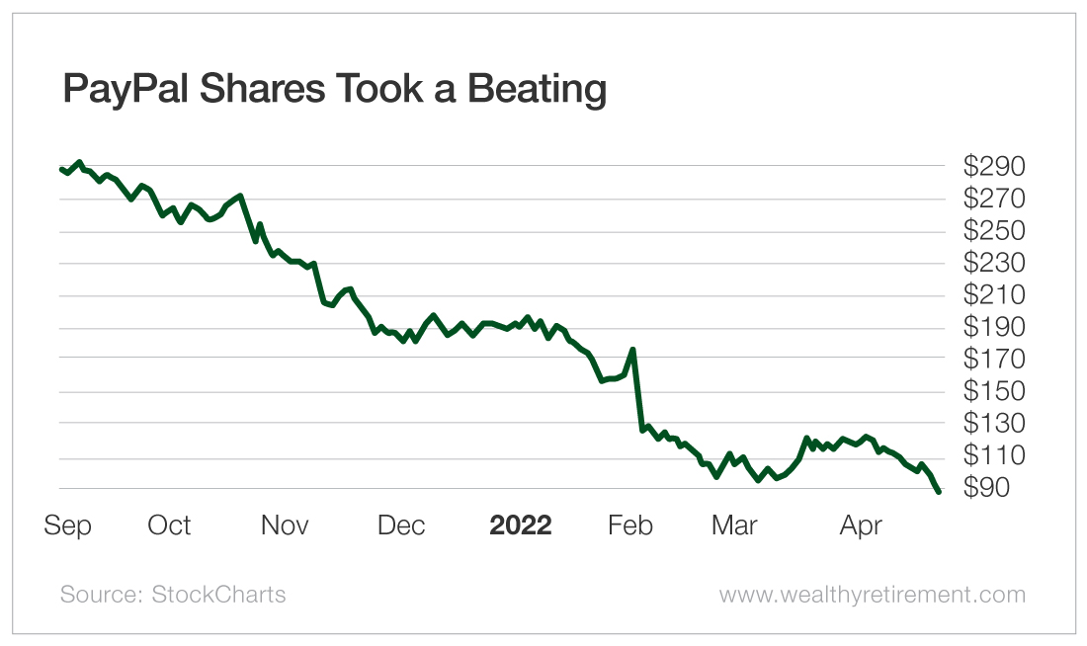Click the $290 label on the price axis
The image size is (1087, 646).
(x=995, y=166)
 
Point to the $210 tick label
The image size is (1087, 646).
(x=995, y=294)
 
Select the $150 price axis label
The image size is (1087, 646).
(x=995, y=391)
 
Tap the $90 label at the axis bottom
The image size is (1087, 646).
(x=995, y=488)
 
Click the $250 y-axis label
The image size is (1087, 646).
(x=995, y=230)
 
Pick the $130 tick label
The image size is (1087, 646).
(x=995, y=423)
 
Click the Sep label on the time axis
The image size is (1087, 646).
(x=67, y=525)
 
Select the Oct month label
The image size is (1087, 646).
(x=169, y=525)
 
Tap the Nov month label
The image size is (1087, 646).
(x=285, y=525)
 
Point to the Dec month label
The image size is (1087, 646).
(x=401, y=525)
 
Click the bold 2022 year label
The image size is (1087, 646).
(x=521, y=525)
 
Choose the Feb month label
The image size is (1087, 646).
(x=630, y=525)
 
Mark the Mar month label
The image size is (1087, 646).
(x=734, y=525)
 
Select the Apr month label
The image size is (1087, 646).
(x=861, y=525)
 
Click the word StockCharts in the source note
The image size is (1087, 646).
(x=218, y=594)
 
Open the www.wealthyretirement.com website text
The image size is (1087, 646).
(x=872, y=594)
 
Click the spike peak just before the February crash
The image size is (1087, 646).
(x=632, y=349)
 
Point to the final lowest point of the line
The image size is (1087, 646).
(x=938, y=491)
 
